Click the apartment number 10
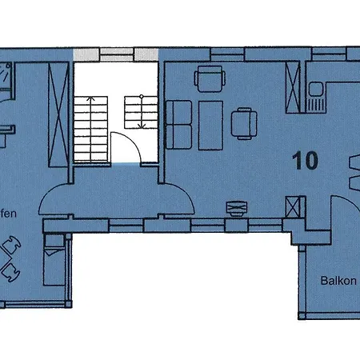click(305, 159)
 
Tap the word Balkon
click(338, 281)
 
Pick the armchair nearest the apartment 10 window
click(210, 80)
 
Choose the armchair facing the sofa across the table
click(244, 123)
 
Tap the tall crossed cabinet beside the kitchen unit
click(294, 87)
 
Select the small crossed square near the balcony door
click(294, 209)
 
